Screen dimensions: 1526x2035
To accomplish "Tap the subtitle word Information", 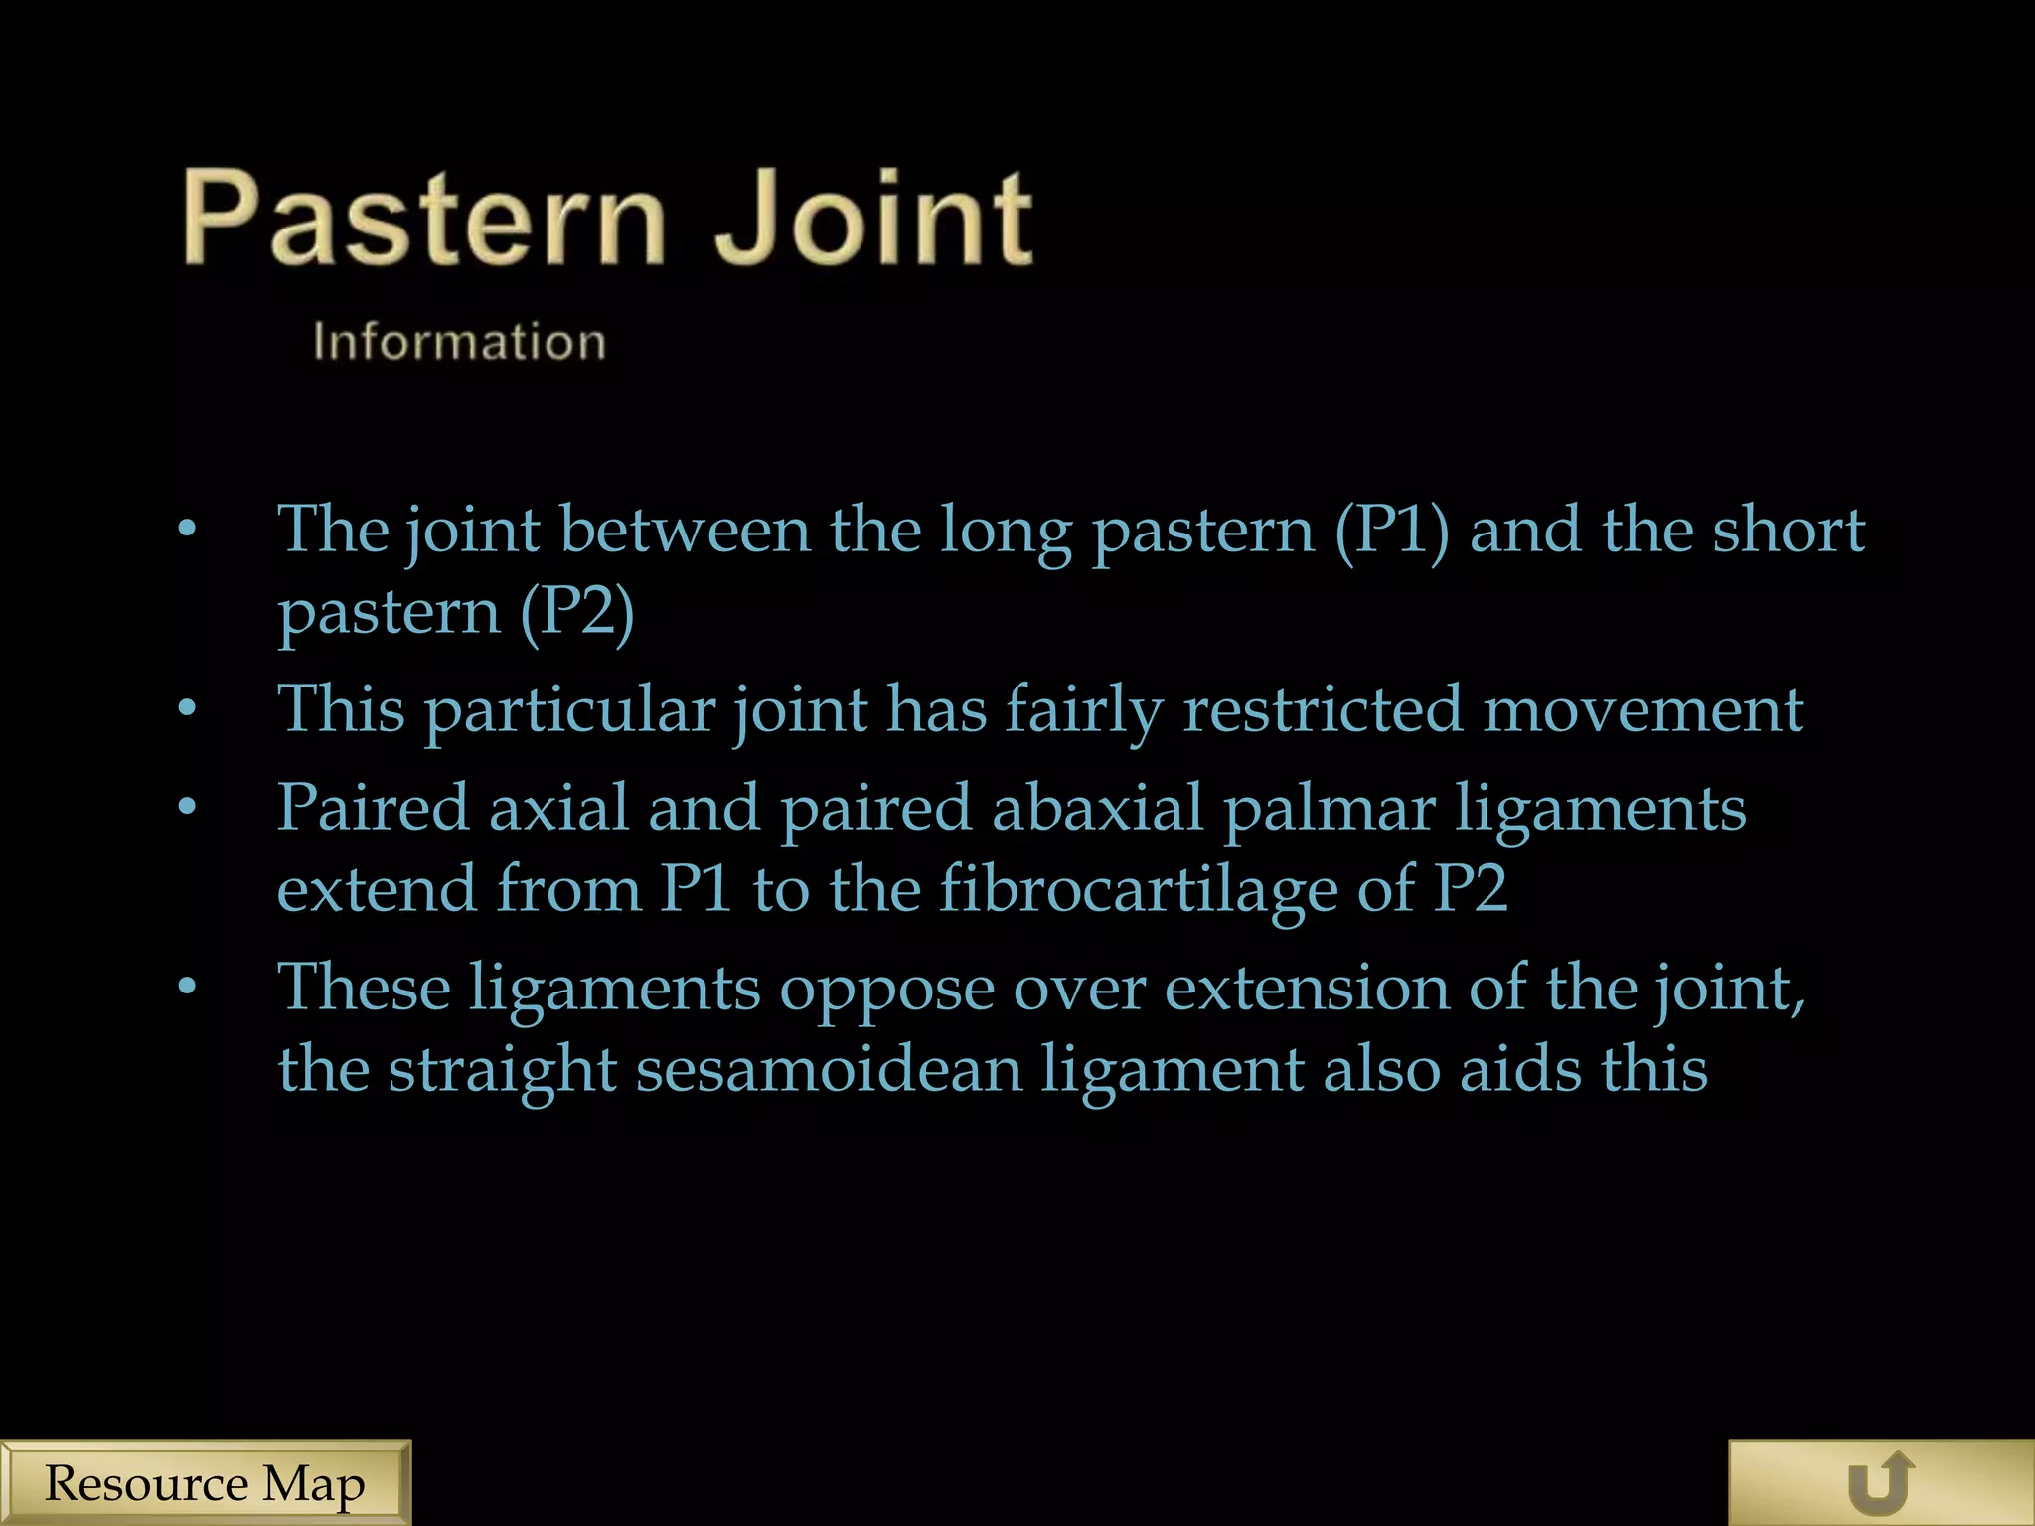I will point(459,342).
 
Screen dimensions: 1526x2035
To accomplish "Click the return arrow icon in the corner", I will point(1881,1483).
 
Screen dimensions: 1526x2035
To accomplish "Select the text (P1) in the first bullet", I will point(1391,530).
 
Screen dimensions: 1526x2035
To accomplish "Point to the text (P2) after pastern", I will point(577,611).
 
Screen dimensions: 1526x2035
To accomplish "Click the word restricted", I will point(1323,709).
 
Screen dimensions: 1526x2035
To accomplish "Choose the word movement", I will point(1644,709).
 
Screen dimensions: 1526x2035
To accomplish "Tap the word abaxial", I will point(1097,807).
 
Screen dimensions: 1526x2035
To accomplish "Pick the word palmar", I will point(1330,807).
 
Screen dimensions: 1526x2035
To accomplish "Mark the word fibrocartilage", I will point(1139,888).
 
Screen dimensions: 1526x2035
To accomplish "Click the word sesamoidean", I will point(829,1069).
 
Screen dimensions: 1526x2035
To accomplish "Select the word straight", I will point(502,1069).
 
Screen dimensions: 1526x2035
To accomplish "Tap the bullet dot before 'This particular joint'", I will point(188,709).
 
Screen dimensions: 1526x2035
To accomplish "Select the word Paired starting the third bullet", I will point(373,807).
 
